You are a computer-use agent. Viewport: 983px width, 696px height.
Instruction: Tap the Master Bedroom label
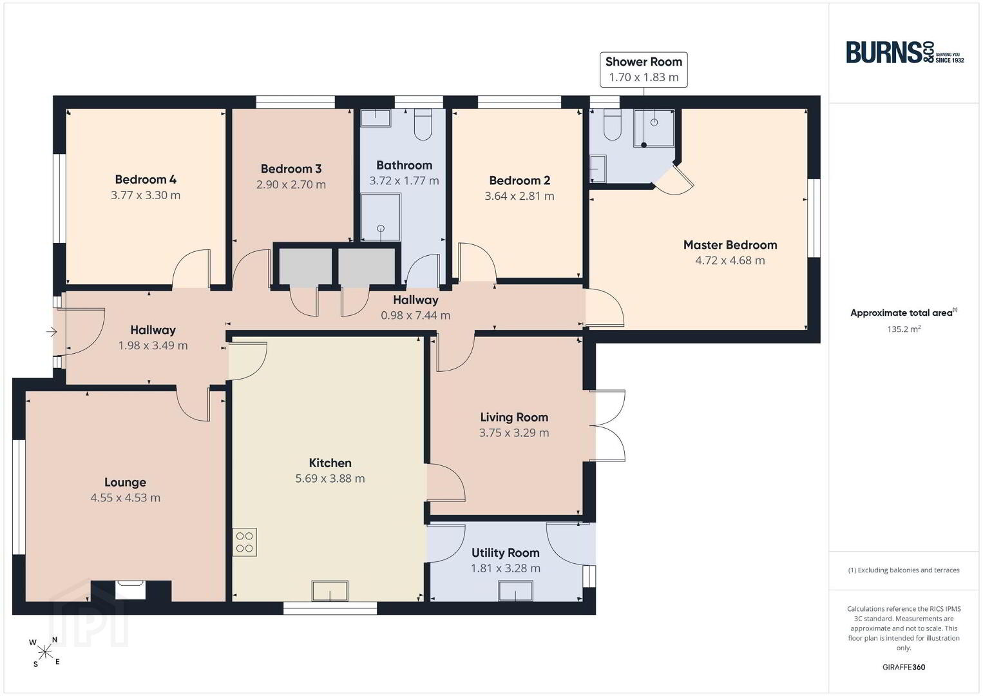pos(730,245)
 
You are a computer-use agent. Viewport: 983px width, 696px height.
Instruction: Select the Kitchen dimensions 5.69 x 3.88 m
pos(330,478)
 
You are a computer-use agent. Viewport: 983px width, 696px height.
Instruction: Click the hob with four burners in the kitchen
pos(244,543)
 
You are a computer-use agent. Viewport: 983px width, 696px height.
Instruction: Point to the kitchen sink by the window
pos(330,590)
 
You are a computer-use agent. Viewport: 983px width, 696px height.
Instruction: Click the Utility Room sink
pos(515,590)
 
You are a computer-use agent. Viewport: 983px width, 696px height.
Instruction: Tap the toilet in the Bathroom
pos(423,124)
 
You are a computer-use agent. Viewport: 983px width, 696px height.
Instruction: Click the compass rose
pos(44,653)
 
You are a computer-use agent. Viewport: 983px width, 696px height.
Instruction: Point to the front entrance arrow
pos(52,331)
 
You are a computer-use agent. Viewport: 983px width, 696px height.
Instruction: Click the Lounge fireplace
pos(130,590)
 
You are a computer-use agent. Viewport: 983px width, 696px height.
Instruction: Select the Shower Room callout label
pos(644,70)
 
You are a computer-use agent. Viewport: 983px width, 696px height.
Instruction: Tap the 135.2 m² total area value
pos(904,329)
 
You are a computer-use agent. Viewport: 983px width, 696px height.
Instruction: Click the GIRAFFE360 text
pos(904,667)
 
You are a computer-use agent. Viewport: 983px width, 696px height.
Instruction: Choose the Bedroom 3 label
pos(291,169)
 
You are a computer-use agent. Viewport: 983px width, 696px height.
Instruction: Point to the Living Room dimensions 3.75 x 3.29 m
pos(514,432)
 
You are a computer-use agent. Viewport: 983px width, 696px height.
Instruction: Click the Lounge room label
pos(125,482)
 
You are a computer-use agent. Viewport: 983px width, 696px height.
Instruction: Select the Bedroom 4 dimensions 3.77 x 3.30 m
pos(145,195)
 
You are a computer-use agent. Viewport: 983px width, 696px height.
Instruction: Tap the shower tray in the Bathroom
pos(381,217)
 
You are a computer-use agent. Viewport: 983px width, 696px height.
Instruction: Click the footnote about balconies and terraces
pos(904,570)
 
